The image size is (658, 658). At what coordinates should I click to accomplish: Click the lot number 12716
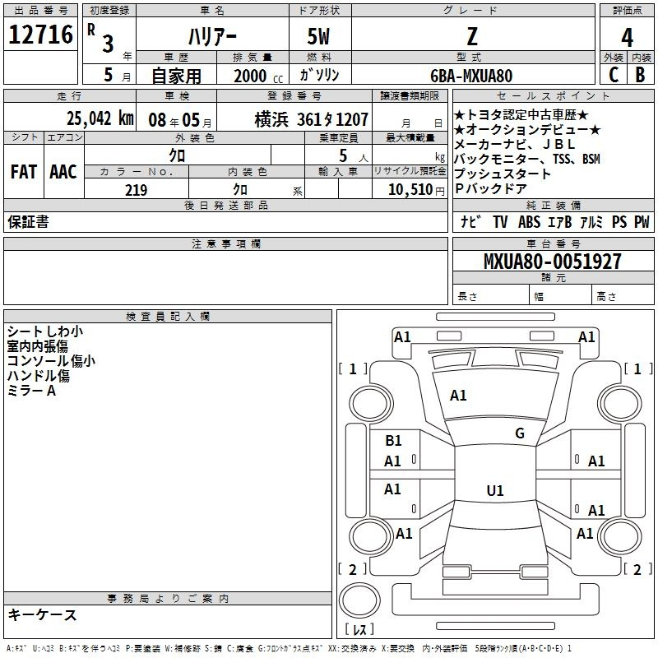40,35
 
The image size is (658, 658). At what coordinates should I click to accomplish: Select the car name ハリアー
212,36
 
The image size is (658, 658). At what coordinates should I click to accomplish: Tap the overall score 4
627,38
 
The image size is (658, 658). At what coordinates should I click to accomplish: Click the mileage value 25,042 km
100,118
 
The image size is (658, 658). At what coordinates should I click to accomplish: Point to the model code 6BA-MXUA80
471,76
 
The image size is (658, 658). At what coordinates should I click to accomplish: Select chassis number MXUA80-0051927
552,261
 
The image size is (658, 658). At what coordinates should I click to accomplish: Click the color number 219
136,190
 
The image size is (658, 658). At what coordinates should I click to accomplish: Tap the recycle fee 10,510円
416,190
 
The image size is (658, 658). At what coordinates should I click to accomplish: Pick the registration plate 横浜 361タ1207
312,119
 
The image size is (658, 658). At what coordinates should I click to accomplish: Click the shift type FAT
24,172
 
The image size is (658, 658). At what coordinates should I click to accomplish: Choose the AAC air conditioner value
63,172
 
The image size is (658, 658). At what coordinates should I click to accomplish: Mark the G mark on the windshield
520,433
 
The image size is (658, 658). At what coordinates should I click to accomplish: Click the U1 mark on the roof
495,490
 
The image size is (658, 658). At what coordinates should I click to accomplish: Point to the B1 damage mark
393,440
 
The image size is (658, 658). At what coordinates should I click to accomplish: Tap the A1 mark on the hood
458,396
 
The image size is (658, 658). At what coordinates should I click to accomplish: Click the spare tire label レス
359,628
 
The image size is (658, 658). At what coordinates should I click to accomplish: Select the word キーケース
42,614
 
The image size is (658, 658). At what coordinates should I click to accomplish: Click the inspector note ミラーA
31,391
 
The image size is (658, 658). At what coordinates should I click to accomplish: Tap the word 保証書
28,221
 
